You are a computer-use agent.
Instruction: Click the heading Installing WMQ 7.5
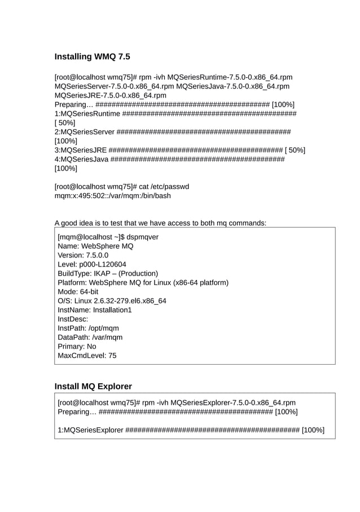coord(92,56)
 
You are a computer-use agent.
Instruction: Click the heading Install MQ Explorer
coord(93,386)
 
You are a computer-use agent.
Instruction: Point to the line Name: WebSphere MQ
coord(95,246)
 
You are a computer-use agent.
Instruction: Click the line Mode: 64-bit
coord(78,292)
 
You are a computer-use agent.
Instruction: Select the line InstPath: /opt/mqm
coord(88,328)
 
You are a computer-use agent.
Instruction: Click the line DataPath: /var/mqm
coord(90,338)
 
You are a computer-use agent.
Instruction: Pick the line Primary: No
coord(77,347)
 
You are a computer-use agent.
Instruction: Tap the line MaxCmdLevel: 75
coord(87,356)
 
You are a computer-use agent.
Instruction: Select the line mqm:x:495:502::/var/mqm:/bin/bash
coord(112,196)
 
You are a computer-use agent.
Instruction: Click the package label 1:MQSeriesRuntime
coord(87,113)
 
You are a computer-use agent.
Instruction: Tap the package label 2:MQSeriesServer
coord(84,132)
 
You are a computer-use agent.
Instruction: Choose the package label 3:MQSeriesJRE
coord(80,150)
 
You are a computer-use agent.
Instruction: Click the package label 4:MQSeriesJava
coord(81,159)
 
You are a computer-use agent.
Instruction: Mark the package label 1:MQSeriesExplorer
coord(90,431)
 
